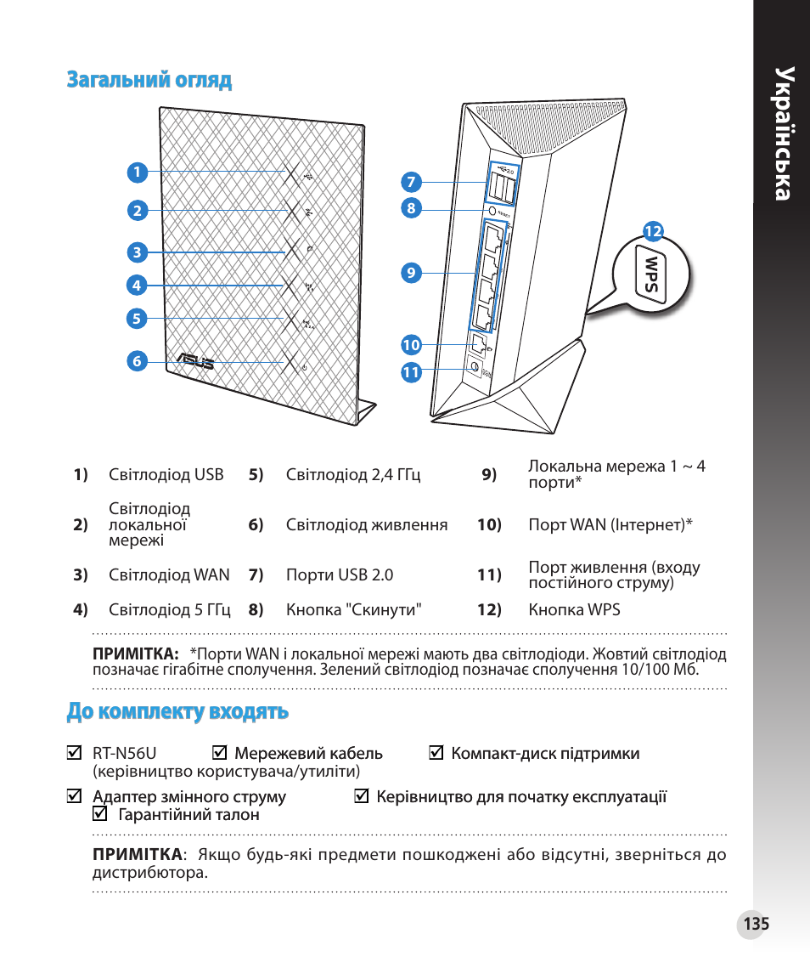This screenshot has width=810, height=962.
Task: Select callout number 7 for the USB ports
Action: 412,182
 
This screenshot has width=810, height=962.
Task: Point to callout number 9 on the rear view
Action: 412,273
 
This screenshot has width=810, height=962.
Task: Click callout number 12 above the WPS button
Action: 652,231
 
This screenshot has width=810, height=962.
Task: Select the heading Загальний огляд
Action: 149,80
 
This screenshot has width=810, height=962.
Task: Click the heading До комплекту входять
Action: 177,711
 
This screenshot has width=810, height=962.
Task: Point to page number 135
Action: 755,924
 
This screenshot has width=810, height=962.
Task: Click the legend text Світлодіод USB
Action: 166,474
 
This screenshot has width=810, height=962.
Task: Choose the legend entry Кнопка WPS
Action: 574,609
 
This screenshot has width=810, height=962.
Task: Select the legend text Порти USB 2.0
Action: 340,574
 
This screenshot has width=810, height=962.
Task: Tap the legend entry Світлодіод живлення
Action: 367,525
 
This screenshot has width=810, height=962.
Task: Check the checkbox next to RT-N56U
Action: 75,753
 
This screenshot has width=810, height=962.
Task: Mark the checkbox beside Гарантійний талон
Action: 100,814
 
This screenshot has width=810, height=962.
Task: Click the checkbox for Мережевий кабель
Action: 220,753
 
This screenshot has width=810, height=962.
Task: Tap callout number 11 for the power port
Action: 412,372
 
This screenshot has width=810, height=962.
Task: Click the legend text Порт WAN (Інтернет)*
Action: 610,525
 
